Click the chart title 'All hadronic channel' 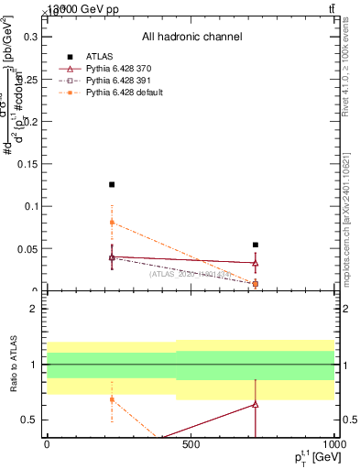191,37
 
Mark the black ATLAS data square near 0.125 112,185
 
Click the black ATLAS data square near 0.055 256,245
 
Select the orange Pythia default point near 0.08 112,223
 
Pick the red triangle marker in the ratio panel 256,404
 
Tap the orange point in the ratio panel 112,399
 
